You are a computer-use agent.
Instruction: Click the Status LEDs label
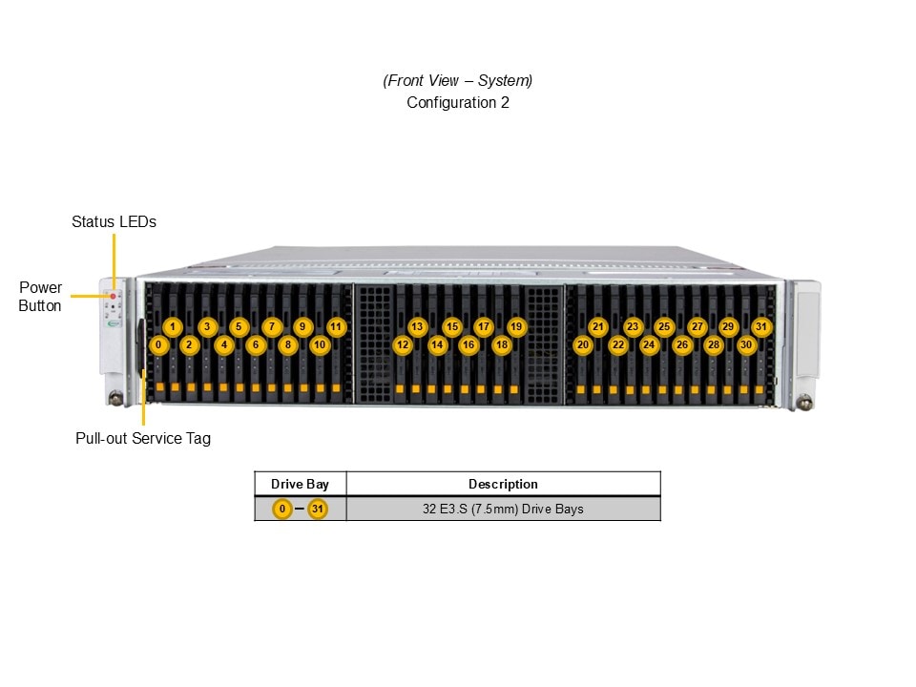114,221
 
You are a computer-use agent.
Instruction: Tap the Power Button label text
41,297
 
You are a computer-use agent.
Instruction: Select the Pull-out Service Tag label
143,439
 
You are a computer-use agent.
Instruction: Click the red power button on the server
113,297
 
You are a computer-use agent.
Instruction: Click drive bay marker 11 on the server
335,326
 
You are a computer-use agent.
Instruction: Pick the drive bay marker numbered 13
417,326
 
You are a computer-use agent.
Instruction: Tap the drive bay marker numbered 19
516,326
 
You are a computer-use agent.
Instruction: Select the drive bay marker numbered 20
582,344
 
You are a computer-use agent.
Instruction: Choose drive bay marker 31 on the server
760,326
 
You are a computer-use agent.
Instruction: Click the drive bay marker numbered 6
255,344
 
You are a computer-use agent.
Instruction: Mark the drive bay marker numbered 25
664,326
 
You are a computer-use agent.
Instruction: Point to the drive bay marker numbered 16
468,344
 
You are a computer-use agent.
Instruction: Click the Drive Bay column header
300,484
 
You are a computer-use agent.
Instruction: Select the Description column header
503,484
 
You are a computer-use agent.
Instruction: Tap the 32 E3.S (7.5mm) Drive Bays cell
503,509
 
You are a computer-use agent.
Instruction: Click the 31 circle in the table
318,509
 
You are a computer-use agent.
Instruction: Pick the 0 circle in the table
281,509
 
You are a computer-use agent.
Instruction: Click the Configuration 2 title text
458,102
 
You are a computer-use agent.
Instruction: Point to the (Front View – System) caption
458,80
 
